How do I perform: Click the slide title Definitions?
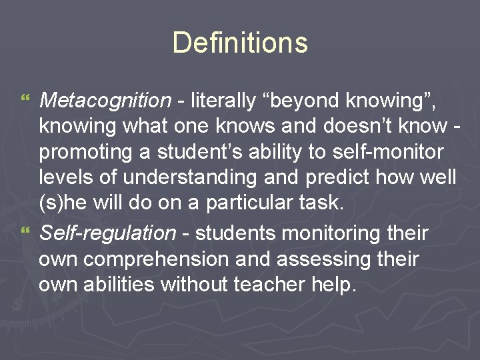coord(240,43)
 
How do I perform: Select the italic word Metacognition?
coord(105,101)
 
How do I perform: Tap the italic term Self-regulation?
coord(107,233)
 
